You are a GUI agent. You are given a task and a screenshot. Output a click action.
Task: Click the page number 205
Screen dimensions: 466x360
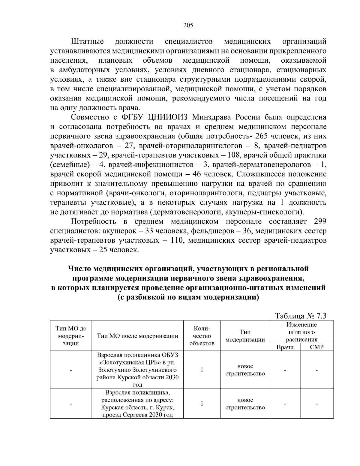[x=188, y=25]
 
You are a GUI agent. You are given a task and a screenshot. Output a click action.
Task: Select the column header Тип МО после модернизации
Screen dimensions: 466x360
[x=138, y=336]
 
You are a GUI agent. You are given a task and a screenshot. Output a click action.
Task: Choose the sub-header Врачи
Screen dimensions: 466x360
[x=285, y=347]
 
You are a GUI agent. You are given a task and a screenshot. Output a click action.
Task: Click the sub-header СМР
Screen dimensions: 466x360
[x=316, y=347]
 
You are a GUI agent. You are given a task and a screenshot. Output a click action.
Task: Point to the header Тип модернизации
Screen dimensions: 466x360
[x=245, y=336]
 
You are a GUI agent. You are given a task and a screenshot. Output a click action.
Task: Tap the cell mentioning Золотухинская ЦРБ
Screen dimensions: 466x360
[x=138, y=370]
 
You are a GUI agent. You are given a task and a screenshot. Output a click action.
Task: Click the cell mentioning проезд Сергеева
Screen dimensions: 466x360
[x=138, y=404]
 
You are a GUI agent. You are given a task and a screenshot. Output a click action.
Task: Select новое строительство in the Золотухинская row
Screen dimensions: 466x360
[x=245, y=370]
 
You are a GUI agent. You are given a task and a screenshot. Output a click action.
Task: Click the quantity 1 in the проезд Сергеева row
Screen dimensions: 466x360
[x=202, y=404]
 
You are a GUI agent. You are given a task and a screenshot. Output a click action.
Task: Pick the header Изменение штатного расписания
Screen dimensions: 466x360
[x=301, y=332]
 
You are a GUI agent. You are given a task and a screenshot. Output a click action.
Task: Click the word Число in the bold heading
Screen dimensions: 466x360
[x=79, y=269]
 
